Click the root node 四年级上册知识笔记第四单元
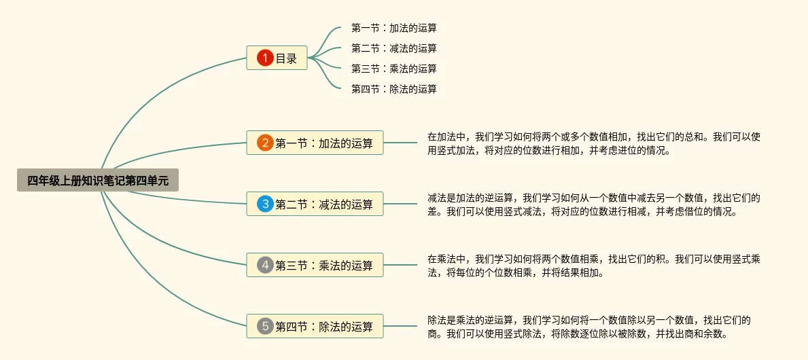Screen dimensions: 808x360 pyautogui.click(x=98, y=180)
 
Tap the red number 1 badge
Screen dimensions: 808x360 pyautogui.click(x=265, y=58)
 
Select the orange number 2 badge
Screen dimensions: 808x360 pyautogui.click(x=265, y=143)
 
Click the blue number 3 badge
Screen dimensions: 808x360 pyautogui.click(x=265, y=204)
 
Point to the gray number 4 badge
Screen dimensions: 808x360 pyautogui.click(x=265, y=265)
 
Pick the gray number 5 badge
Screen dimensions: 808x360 pyautogui.click(x=265, y=326)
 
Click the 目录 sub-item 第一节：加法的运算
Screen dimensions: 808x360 pyautogui.click(x=393, y=28)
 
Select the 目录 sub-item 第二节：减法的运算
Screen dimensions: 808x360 pyautogui.click(x=393, y=48)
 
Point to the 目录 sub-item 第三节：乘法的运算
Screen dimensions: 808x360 pyautogui.click(x=393, y=69)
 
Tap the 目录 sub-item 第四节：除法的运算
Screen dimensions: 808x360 pyautogui.click(x=393, y=89)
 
